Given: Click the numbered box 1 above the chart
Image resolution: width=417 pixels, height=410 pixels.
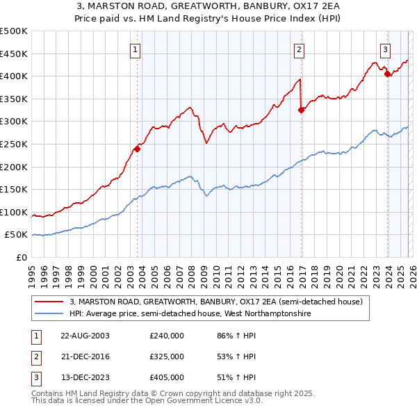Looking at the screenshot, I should [x=135, y=49].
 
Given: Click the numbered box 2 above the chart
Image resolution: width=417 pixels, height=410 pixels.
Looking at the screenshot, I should [x=299, y=49].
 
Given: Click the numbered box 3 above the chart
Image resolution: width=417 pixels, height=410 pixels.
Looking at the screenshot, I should [x=384, y=49].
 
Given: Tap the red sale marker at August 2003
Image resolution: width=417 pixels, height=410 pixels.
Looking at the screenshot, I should [x=138, y=148].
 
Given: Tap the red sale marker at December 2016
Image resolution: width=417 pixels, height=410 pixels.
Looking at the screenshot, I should [x=301, y=110].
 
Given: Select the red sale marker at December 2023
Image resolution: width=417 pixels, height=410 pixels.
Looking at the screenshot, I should [x=387, y=74].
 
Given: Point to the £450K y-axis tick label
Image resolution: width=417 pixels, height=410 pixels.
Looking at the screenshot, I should [x=14, y=54].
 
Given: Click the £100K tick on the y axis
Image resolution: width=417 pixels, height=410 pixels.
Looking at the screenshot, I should [x=14, y=212].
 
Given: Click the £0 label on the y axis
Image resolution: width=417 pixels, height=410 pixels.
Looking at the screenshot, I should [x=22, y=257].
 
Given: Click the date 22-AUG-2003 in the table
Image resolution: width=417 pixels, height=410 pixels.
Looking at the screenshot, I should [x=84, y=335].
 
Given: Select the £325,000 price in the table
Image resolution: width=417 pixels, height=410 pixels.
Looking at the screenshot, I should [x=166, y=356].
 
